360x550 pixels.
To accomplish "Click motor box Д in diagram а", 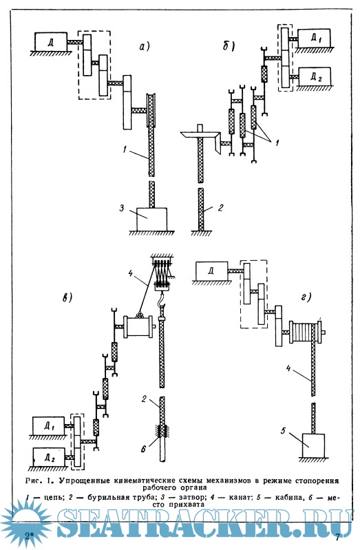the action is tap(51, 42).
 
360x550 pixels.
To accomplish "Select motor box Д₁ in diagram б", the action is tap(315, 39).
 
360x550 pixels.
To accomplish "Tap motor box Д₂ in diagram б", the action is tap(315, 77).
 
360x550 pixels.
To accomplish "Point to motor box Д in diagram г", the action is tap(212, 271).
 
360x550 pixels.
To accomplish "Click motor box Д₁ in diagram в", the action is tap(48, 426).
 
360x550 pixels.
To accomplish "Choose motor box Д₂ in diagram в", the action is tap(49, 457).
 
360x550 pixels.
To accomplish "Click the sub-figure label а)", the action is tap(145, 46).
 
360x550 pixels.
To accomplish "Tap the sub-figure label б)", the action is tap(229, 45).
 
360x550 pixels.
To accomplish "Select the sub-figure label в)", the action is tap(67, 297).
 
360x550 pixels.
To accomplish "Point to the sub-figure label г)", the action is tap(306, 298).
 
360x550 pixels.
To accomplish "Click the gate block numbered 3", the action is tap(151, 219).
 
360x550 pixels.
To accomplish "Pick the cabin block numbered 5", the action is tap(313, 445).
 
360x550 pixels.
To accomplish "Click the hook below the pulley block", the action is tap(161, 299).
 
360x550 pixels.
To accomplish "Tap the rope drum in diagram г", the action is tap(305, 332).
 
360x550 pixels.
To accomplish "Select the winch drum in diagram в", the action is tap(138, 327).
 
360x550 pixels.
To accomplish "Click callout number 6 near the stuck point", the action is tap(143, 449).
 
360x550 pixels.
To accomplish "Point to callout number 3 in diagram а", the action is tap(122, 208).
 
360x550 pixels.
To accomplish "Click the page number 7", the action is tap(337, 537).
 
